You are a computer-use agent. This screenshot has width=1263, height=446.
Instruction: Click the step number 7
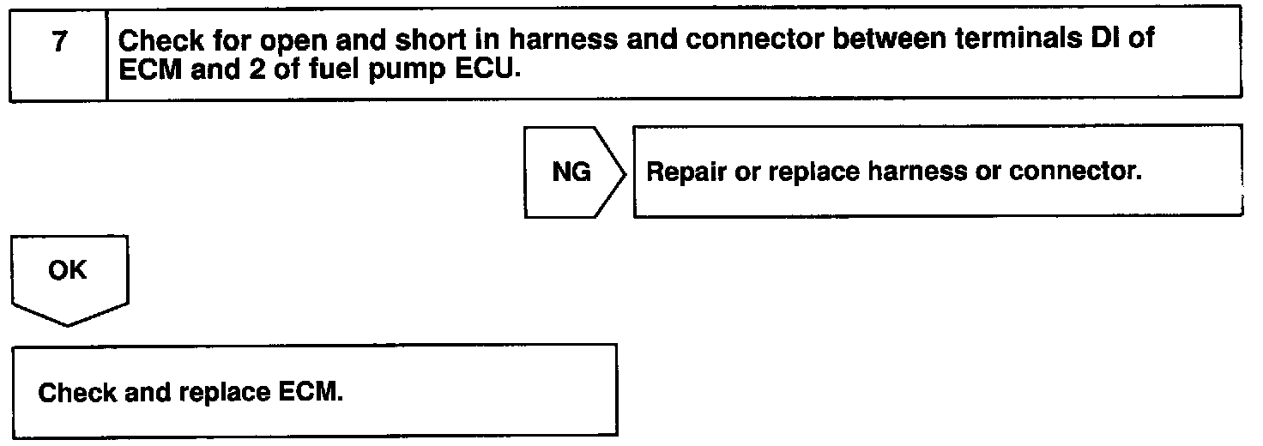60,41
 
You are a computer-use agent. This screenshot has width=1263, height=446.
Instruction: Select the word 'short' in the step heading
431,39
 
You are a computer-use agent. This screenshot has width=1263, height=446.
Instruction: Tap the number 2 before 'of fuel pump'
257,69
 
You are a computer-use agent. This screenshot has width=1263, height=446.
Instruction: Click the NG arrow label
571,172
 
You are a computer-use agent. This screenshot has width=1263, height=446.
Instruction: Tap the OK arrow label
68,271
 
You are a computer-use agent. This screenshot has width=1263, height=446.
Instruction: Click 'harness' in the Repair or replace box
917,171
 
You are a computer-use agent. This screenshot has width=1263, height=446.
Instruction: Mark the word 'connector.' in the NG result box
1075,171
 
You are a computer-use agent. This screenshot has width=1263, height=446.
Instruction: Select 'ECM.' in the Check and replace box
311,392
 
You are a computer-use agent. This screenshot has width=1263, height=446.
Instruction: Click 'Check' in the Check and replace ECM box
76,393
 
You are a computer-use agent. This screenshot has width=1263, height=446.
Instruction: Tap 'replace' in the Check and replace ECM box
225,394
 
